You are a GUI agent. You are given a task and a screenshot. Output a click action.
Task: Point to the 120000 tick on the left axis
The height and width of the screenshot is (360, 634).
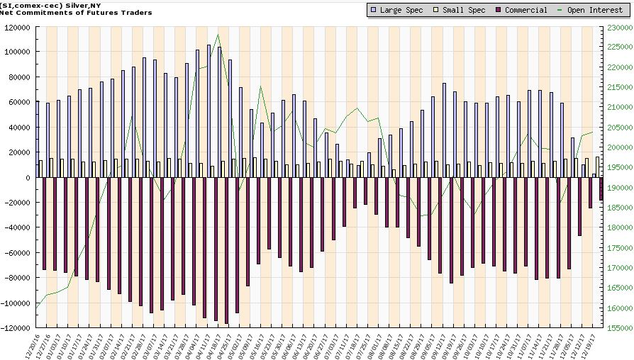(x=19, y=27)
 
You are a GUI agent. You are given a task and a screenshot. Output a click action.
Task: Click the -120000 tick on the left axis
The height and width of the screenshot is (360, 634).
(x=18, y=328)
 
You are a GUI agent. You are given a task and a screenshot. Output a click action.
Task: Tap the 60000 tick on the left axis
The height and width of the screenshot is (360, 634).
(x=21, y=102)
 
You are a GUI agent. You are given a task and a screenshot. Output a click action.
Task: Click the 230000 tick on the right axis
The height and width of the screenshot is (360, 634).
(x=618, y=27)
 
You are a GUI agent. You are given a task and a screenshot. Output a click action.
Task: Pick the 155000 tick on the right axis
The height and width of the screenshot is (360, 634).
(x=618, y=328)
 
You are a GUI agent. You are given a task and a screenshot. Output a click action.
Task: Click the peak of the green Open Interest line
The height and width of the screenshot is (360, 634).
(x=218, y=35)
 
